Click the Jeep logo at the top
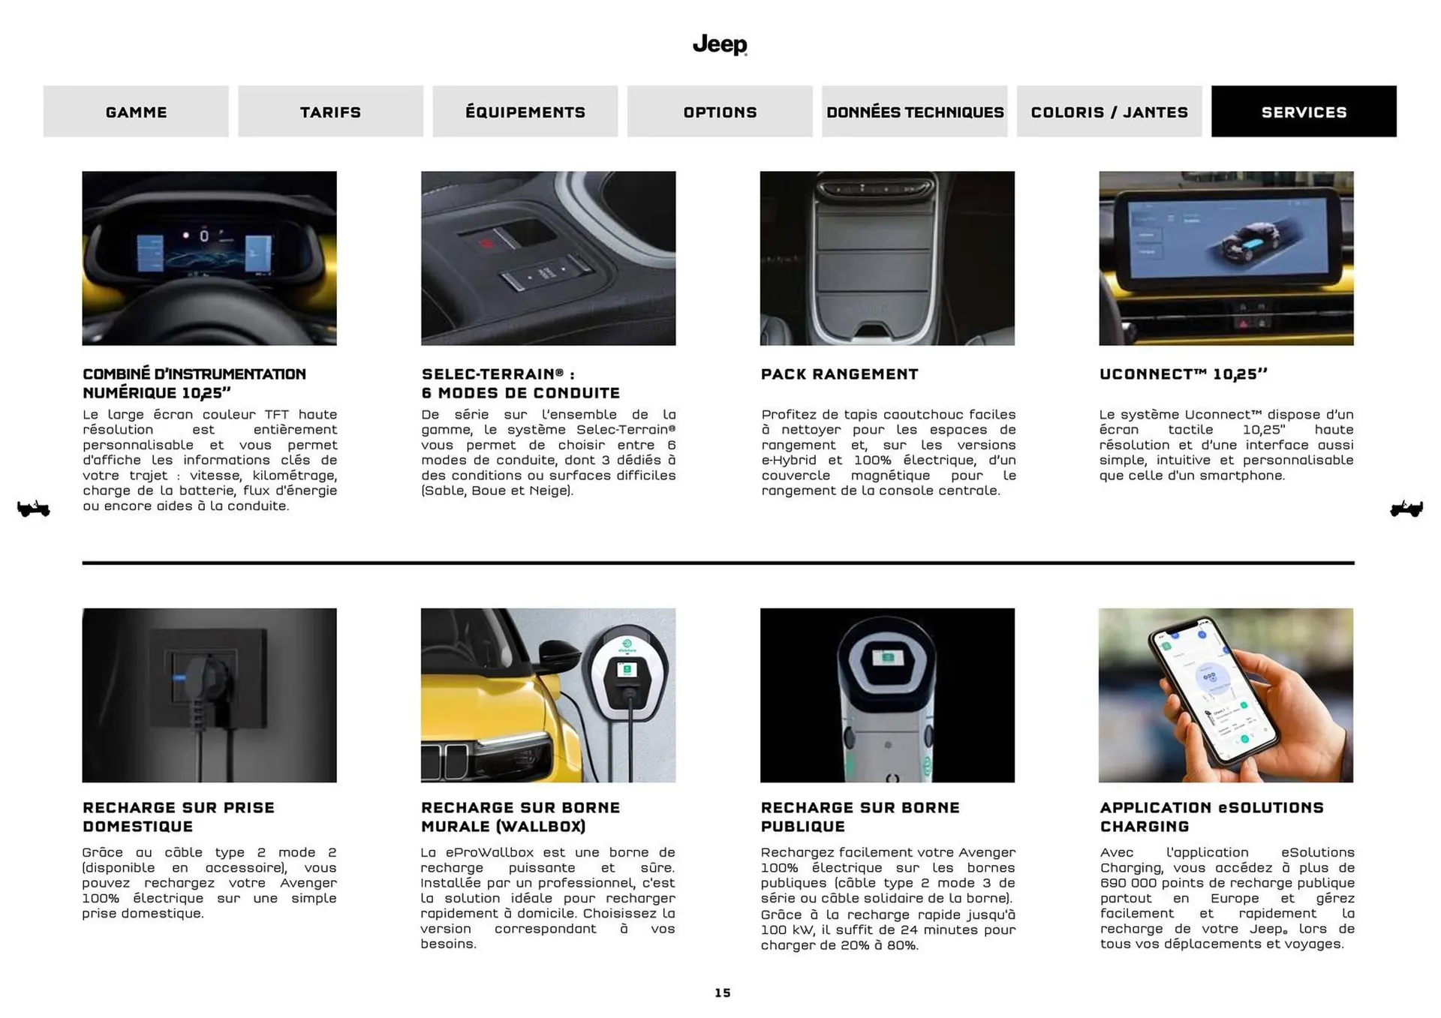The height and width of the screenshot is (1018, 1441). pos(719,45)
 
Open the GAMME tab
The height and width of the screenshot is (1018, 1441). pos(136,112)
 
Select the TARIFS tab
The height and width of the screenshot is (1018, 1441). pos(330,112)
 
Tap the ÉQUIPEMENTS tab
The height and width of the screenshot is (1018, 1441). pos(525,112)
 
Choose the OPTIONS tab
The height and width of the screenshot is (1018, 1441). pos(720,112)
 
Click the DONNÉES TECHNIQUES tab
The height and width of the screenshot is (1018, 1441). pos(914,112)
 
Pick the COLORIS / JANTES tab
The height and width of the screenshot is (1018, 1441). pos(1109,112)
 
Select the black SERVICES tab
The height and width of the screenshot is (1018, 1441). pos(1304,112)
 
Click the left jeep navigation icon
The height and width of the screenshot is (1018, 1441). pos(33,509)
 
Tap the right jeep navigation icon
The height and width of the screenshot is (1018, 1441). pos(1406,509)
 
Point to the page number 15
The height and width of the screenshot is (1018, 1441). pos(722,992)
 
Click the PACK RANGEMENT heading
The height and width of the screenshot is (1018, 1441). pos(839,374)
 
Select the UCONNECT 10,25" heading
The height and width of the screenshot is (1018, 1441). pos(1183,374)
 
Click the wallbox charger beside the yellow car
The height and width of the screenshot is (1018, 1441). pos(627,668)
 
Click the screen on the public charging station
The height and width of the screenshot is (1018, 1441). pos(887,658)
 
